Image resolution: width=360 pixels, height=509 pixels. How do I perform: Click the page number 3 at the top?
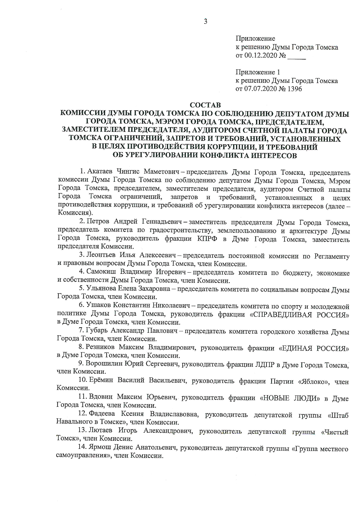(206, 21)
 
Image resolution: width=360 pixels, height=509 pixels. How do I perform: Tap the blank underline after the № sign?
(296, 56)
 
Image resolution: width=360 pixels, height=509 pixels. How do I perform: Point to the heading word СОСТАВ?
(205, 105)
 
